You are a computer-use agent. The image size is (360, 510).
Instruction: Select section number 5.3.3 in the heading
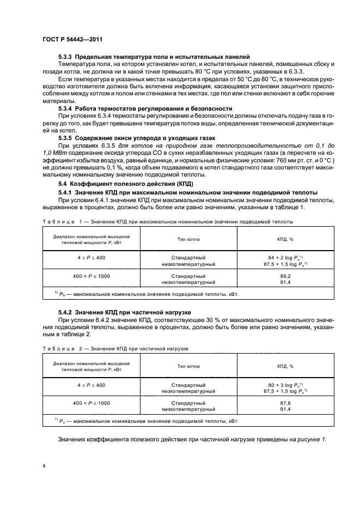click(x=65, y=57)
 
